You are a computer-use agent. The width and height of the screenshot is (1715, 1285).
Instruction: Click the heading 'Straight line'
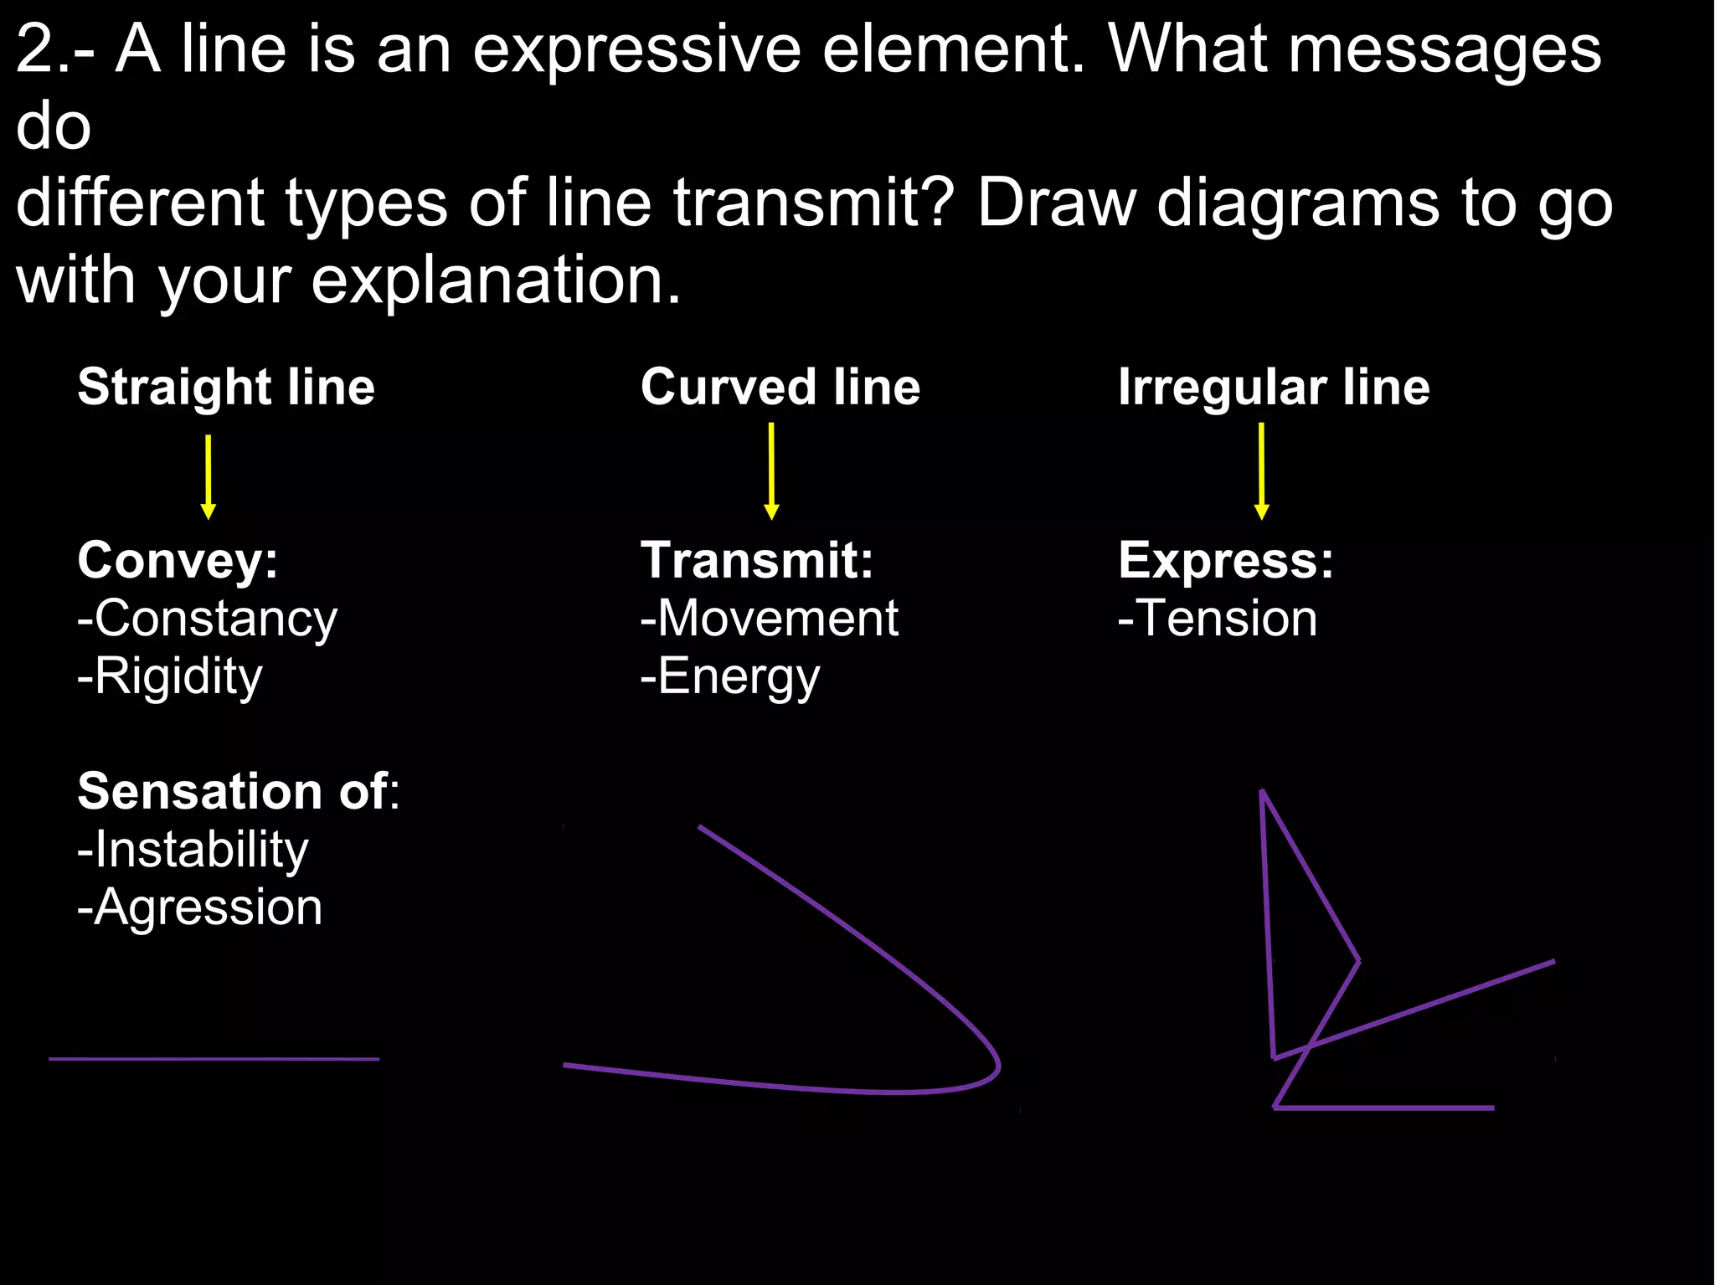[226, 388]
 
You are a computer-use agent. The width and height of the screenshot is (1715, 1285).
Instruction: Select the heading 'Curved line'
[780, 388]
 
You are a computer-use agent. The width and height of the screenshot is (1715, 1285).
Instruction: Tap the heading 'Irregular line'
[1274, 388]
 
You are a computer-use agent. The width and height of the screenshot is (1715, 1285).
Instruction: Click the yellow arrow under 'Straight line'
[209, 477]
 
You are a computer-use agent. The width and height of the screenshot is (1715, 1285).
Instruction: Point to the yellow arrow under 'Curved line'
[771, 471]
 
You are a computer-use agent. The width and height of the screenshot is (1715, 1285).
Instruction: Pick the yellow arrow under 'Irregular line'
[1261, 471]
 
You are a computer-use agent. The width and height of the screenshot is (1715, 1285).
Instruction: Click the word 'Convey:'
[178, 560]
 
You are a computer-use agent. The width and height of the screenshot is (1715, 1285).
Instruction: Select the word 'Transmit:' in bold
[757, 560]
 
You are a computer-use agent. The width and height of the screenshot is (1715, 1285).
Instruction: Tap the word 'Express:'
[1225, 560]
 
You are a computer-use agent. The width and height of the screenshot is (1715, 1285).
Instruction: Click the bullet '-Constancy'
[207, 619]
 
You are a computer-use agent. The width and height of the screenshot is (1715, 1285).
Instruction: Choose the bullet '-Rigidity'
[169, 676]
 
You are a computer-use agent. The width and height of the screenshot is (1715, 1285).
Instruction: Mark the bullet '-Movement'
[769, 619]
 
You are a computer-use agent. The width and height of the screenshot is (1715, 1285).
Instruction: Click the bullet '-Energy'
[729, 676]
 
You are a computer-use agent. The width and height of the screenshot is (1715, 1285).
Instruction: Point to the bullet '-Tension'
[1217, 619]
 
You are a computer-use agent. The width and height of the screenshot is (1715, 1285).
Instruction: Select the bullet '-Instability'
[193, 851]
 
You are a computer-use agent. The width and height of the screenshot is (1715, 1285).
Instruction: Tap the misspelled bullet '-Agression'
[199, 908]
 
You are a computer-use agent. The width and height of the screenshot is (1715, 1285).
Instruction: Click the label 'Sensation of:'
[239, 791]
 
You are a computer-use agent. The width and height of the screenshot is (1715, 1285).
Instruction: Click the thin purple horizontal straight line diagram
[214, 1059]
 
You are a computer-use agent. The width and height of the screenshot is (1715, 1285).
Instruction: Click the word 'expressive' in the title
[636, 50]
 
